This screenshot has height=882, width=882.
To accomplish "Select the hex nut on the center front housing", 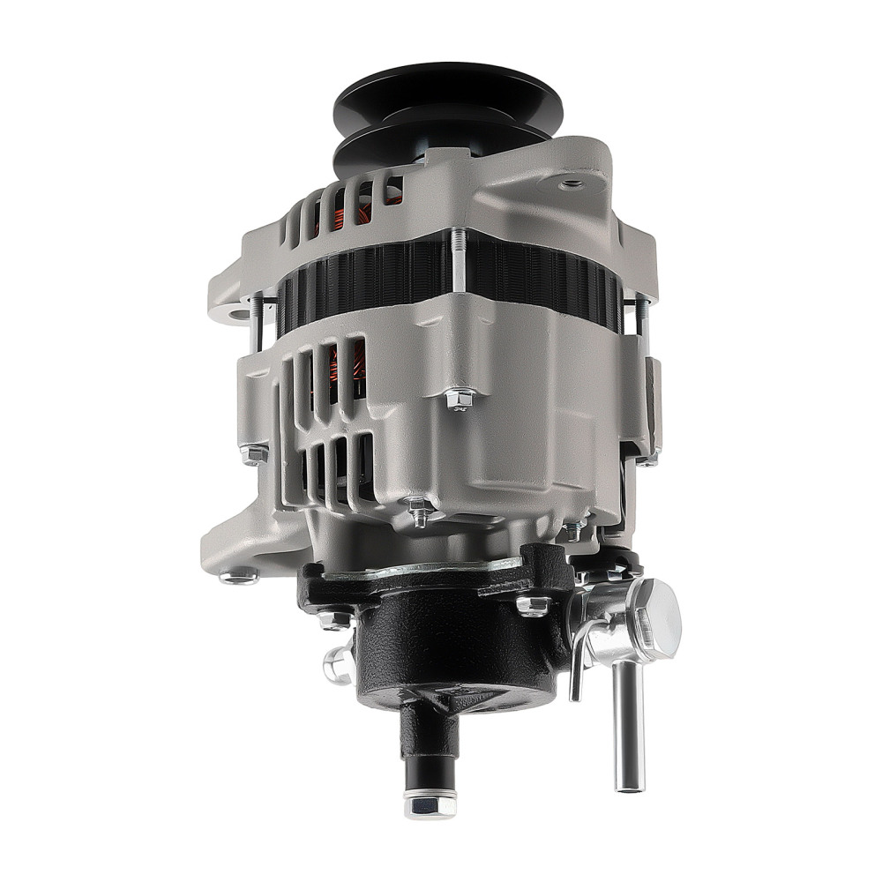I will point(458,399).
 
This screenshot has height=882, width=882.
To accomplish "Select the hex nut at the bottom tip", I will point(430,804).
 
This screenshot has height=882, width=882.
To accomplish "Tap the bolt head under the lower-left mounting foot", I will point(238,578).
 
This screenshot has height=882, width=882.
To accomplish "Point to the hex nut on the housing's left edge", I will point(253,455).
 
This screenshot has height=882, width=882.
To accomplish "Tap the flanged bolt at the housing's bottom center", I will point(418,511).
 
